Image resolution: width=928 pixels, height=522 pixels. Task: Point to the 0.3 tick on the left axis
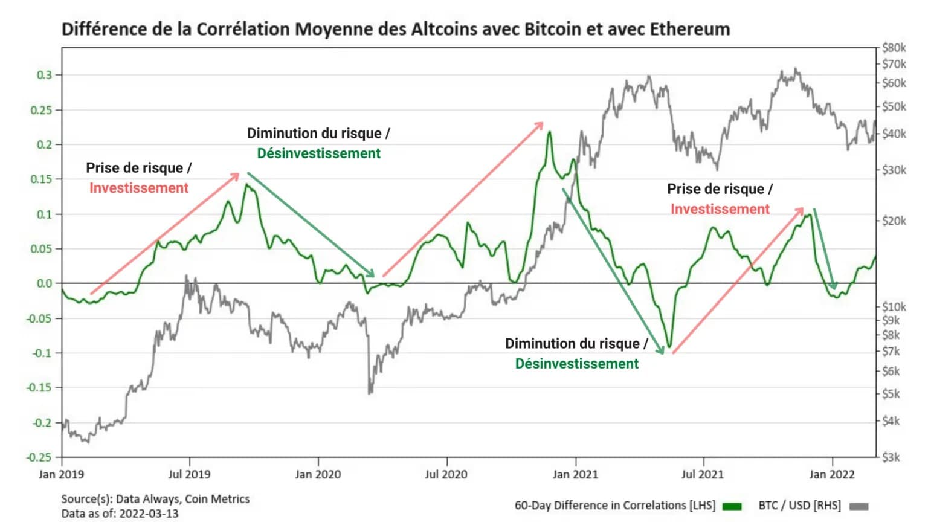(x=45, y=75)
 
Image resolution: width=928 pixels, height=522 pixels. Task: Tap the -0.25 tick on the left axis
(x=40, y=457)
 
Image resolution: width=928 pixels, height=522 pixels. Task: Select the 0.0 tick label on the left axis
(x=45, y=283)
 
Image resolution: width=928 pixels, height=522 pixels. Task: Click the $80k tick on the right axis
(x=894, y=48)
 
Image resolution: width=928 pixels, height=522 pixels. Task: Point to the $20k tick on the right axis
(x=894, y=221)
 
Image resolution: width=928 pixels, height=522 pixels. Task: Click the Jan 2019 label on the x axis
(x=61, y=474)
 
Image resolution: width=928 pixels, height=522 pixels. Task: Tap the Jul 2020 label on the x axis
(x=446, y=474)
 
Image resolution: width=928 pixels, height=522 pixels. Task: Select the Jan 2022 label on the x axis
(x=832, y=474)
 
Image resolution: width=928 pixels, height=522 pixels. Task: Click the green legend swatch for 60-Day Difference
(x=732, y=506)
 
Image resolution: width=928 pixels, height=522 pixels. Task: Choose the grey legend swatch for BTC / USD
(x=859, y=506)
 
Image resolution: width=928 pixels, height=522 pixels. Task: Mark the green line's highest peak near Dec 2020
(x=549, y=132)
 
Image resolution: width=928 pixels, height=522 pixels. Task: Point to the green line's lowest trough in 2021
(x=669, y=347)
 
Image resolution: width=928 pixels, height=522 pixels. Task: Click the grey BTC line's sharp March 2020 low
(x=370, y=393)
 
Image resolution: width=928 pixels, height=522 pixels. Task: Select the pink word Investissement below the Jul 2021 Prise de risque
(x=720, y=209)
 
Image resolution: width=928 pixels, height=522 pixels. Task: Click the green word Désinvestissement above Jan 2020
(x=319, y=153)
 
